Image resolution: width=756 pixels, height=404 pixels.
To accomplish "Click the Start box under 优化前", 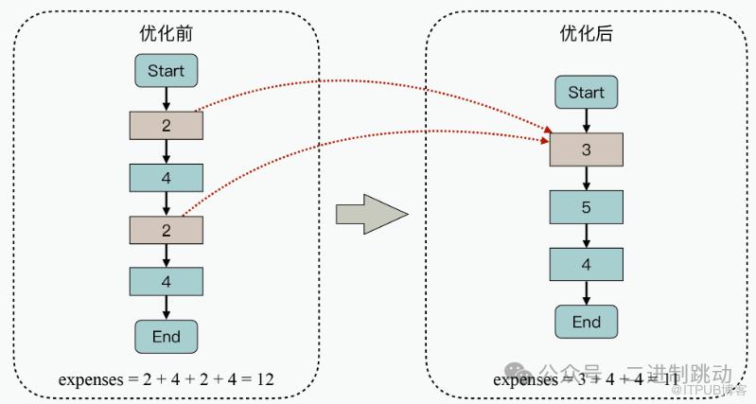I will (x=166, y=70).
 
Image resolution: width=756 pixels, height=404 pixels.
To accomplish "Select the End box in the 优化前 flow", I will (x=166, y=335).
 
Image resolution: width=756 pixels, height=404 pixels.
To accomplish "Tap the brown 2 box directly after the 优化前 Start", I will (x=166, y=124).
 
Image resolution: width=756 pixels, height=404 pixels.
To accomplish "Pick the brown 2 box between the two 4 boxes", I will (x=166, y=229).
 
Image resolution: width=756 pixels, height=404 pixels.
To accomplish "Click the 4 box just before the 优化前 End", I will (x=166, y=281).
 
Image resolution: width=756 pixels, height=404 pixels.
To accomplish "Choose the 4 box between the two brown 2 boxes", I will (x=166, y=177).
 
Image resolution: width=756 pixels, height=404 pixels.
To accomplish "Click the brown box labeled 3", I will (x=586, y=149).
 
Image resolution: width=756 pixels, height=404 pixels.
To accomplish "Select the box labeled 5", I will (x=586, y=206).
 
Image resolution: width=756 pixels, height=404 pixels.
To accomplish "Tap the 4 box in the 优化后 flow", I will (x=586, y=264).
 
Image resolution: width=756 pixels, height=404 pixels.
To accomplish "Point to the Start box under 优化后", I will (x=586, y=92).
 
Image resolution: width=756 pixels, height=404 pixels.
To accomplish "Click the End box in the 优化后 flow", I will (x=586, y=322).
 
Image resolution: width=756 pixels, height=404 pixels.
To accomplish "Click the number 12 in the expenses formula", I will (x=264, y=379).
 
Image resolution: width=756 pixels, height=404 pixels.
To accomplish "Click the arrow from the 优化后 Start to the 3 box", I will (x=586, y=120).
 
